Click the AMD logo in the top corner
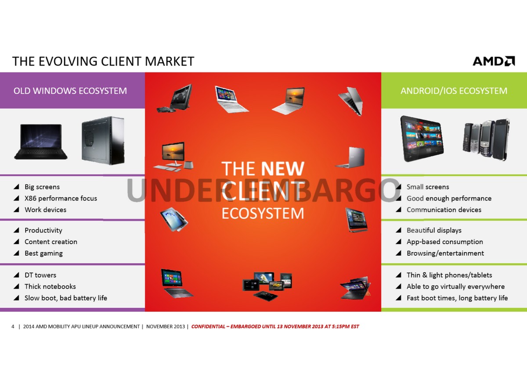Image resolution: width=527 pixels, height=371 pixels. [x=494, y=61]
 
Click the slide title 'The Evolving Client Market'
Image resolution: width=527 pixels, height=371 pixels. [x=103, y=61]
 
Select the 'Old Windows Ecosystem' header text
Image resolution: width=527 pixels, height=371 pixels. [x=70, y=91]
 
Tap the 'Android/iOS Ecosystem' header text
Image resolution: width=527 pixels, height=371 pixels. [x=454, y=91]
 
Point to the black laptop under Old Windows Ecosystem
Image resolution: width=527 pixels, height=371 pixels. [x=41, y=142]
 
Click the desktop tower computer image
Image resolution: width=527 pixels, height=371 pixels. [x=103, y=140]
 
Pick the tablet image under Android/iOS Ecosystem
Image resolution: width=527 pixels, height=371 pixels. [x=422, y=139]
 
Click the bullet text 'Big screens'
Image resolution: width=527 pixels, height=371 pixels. [x=42, y=187]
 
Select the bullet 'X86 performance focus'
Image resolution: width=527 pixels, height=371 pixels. [x=61, y=198]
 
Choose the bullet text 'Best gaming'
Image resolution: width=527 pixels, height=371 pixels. [x=43, y=253]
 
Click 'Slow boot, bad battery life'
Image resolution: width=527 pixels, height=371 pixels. [x=66, y=298]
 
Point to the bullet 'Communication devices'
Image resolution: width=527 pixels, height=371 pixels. [x=444, y=210]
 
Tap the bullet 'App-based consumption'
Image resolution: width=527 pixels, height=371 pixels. [x=444, y=242]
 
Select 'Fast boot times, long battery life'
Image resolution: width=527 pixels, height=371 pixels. [x=457, y=298]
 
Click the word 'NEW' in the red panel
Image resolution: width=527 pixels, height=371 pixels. [x=282, y=168]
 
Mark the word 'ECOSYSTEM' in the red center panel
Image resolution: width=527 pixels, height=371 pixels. [x=263, y=213]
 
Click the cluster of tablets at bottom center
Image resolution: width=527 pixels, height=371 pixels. [x=267, y=285]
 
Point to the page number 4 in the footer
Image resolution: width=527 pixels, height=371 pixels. [x=13, y=326]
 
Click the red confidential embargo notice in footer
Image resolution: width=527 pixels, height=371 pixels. [x=275, y=326]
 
